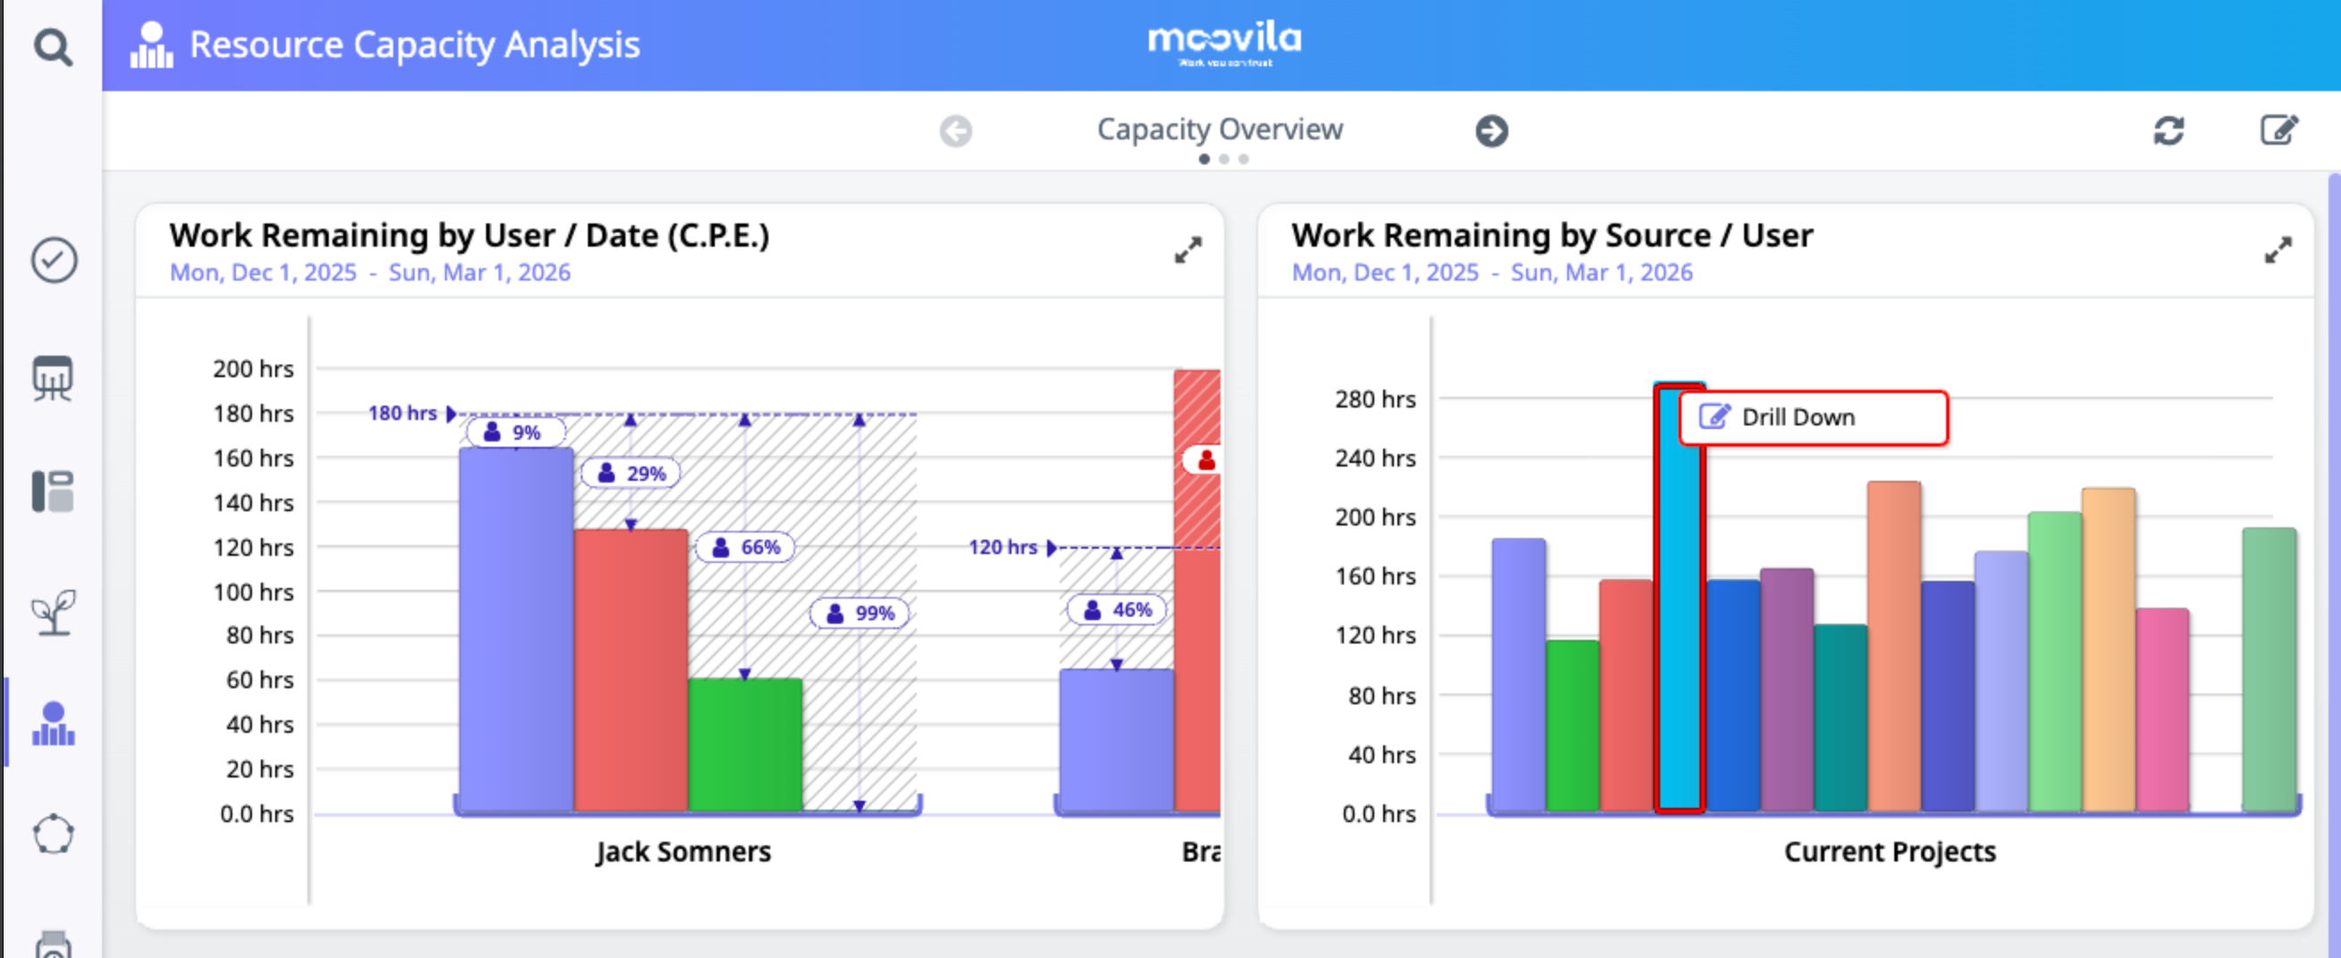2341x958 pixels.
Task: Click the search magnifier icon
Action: point(53,47)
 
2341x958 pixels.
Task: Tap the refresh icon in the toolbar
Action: point(2168,130)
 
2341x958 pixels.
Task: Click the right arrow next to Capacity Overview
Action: point(1490,130)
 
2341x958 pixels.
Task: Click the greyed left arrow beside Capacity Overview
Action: point(955,130)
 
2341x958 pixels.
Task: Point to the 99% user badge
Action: point(859,614)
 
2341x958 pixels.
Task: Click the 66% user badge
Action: point(744,547)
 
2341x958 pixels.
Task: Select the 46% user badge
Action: point(1116,609)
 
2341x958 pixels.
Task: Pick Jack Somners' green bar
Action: point(744,744)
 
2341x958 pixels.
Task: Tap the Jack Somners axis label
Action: point(683,852)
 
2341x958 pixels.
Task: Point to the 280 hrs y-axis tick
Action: point(1374,399)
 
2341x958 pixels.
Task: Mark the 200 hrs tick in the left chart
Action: point(253,369)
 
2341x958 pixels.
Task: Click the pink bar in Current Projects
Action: point(2162,709)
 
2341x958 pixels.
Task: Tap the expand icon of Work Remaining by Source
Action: point(2277,250)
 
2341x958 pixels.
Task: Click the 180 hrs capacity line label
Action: point(403,414)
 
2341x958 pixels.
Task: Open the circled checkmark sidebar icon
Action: point(54,261)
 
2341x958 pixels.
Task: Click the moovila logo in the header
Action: point(1223,44)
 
